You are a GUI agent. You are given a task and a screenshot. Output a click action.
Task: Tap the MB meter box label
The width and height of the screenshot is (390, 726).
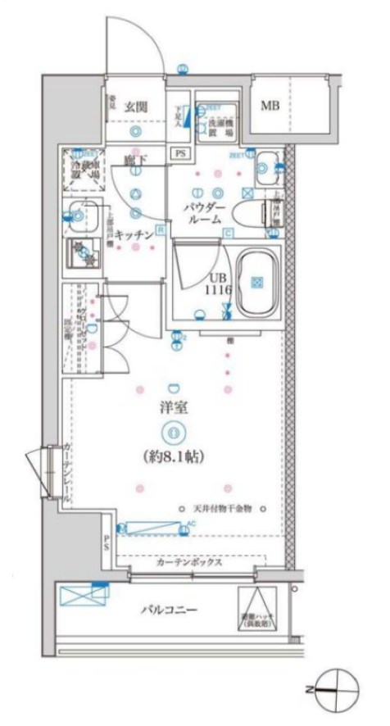[269, 106]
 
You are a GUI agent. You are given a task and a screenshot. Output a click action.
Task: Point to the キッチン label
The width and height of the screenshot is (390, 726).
[134, 234]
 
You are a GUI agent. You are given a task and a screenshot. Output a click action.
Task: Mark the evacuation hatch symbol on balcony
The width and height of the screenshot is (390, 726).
[259, 610]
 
